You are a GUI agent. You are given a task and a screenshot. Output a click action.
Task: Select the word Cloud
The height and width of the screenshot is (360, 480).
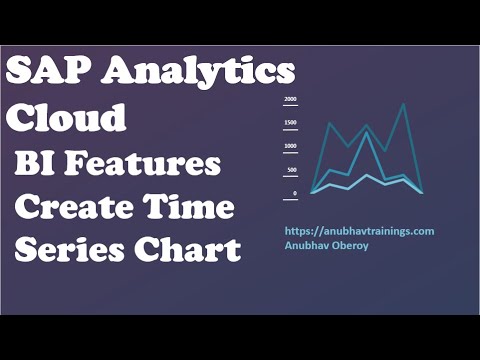coord(68,118)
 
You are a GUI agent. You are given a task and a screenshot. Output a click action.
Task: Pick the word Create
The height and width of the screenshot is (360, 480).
coord(76,208)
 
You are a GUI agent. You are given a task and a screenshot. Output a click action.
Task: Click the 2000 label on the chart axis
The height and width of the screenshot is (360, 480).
coord(290,100)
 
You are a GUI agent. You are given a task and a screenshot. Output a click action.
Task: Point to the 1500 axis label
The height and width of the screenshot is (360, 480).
coord(290,123)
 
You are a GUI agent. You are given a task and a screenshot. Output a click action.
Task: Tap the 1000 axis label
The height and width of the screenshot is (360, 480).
coord(290,146)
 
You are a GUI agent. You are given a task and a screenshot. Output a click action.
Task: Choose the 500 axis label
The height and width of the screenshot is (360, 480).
coord(291,169)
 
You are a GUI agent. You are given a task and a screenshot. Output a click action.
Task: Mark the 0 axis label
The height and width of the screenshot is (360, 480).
coord(294,193)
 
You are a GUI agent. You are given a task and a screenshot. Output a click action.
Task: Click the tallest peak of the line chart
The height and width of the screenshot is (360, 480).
coord(403,104)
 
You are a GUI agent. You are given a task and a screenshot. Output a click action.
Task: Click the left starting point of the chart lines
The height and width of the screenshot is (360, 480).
coord(313,192)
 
